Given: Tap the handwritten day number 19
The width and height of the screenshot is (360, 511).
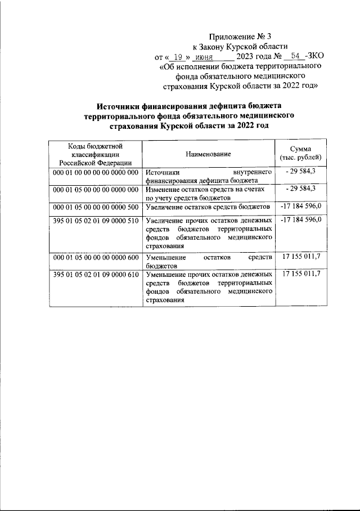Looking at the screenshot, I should pyautogui.click(x=178, y=57).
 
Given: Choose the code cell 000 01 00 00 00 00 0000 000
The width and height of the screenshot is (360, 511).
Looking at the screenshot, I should pyautogui.click(x=96, y=172).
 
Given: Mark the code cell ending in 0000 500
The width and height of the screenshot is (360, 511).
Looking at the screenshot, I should pyautogui.click(x=96, y=208).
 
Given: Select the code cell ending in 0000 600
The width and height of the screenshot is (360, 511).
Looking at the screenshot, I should pyautogui.click(x=96, y=257).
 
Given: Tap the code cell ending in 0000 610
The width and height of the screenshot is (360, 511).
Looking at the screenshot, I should pyautogui.click(x=96, y=274).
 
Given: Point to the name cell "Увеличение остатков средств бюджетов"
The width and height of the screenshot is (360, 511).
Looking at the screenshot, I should pyautogui.click(x=208, y=208).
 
